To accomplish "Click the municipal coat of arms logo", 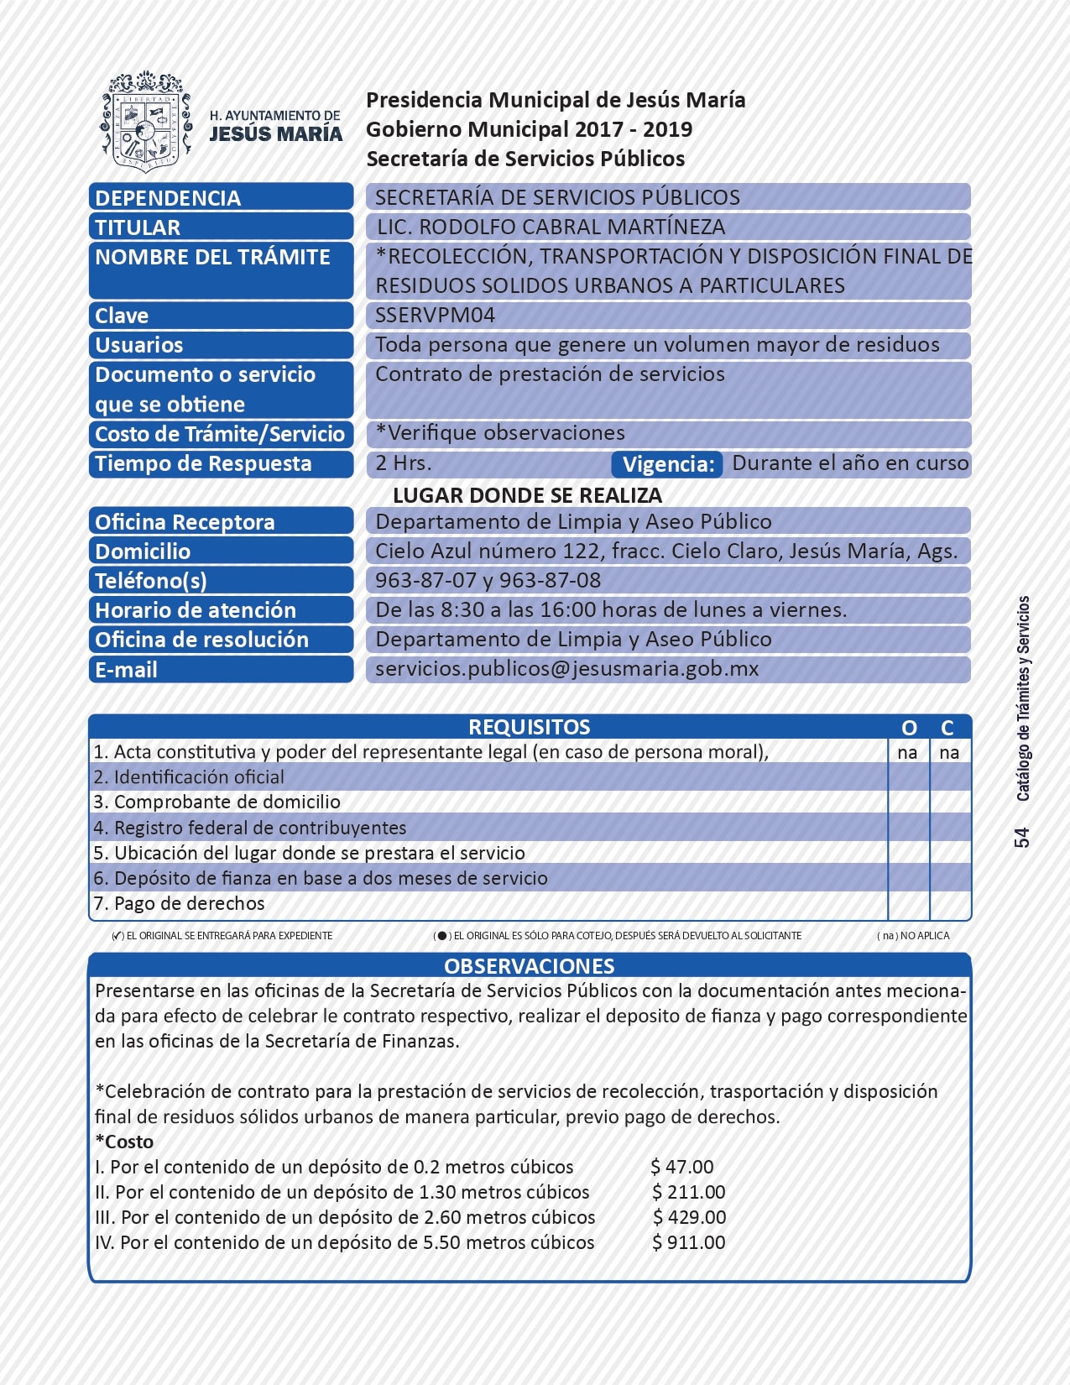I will [x=146, y=122].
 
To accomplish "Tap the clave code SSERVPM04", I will [x=435, y=316].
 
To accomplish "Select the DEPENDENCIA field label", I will [x=168, y=198].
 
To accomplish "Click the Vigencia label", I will [x=668, y=464].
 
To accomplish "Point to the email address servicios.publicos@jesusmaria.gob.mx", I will [x=566, y=669].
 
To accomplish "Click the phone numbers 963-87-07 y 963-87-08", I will [x=488, y=580].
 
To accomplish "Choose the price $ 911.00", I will [x=689, y=1242].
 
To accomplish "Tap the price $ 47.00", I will [x=682, y=1167].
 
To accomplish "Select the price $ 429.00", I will [x=690, y=1217].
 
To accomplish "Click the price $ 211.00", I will [x=689, y=1192].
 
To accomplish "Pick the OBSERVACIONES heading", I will [x=529, y=966].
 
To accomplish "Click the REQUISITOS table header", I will [x=529, y=727].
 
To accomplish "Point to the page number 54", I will [x=1021, y=838].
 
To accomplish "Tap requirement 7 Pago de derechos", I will [x=179, y=904].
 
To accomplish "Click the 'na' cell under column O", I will [x=907, y=753].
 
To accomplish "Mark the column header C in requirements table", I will [x=947, y=728].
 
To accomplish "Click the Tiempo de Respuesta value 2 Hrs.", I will [x=403, y=463].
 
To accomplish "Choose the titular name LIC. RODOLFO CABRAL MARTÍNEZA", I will [x=551, y=227].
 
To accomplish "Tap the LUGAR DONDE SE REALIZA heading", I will [x=527, y=495].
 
